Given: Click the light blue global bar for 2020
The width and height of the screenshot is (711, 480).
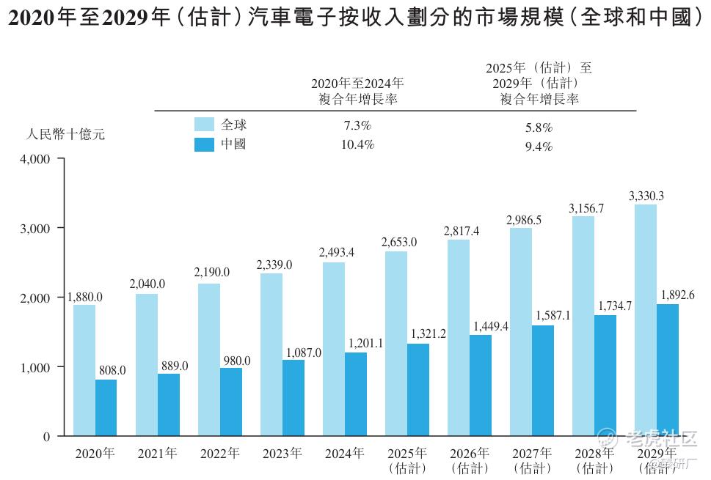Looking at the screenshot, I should [x=84, y=370].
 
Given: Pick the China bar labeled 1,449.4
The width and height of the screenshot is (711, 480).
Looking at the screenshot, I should [x=480, y=385].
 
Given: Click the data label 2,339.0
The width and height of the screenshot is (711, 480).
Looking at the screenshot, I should [x=275, y=265].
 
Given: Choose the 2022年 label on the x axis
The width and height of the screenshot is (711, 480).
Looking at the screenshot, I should [x=219, y=454].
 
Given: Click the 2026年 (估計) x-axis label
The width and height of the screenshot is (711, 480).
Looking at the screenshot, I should [x=470, y=460].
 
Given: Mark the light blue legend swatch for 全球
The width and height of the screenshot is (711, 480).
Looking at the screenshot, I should [x=204, y=124].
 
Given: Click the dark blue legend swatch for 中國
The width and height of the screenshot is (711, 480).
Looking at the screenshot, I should [x=204, y=144].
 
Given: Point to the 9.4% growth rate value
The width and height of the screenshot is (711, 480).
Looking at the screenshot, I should [x=539, y=147].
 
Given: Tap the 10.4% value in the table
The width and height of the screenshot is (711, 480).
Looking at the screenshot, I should [x=357, y=145].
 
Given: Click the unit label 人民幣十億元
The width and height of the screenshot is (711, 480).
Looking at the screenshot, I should [x=66, y=135].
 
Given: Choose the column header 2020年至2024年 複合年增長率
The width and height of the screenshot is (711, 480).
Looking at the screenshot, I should [x=357, y=91].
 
